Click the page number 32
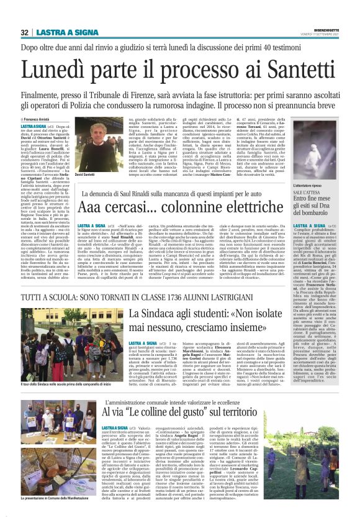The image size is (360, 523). click(24, 32)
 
